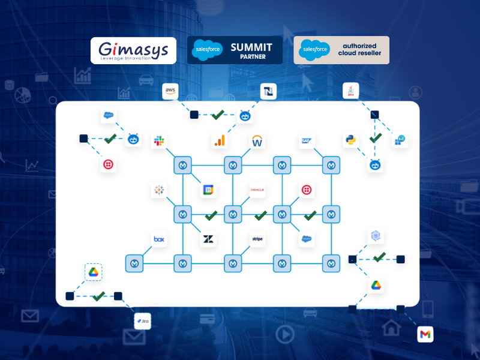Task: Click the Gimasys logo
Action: (133, 50)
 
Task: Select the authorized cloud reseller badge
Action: (341, 50)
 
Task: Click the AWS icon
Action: (171, 91)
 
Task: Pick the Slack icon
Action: (159, 141)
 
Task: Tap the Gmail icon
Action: (425, 334)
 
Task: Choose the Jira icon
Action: (142, 321)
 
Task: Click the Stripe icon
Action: (257, 239)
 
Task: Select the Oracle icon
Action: (257, 190)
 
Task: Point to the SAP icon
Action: (307, 141)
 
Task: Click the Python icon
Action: (350, 140)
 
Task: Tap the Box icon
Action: (159, 239)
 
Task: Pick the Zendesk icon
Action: (208, 239)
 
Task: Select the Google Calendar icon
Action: (208, 190)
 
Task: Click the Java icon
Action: (350, 91)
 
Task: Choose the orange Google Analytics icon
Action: (220, 141)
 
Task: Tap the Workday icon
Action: (258, 141)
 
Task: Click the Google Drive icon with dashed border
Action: (93, 272)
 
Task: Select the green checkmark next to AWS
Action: (218, 114)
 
